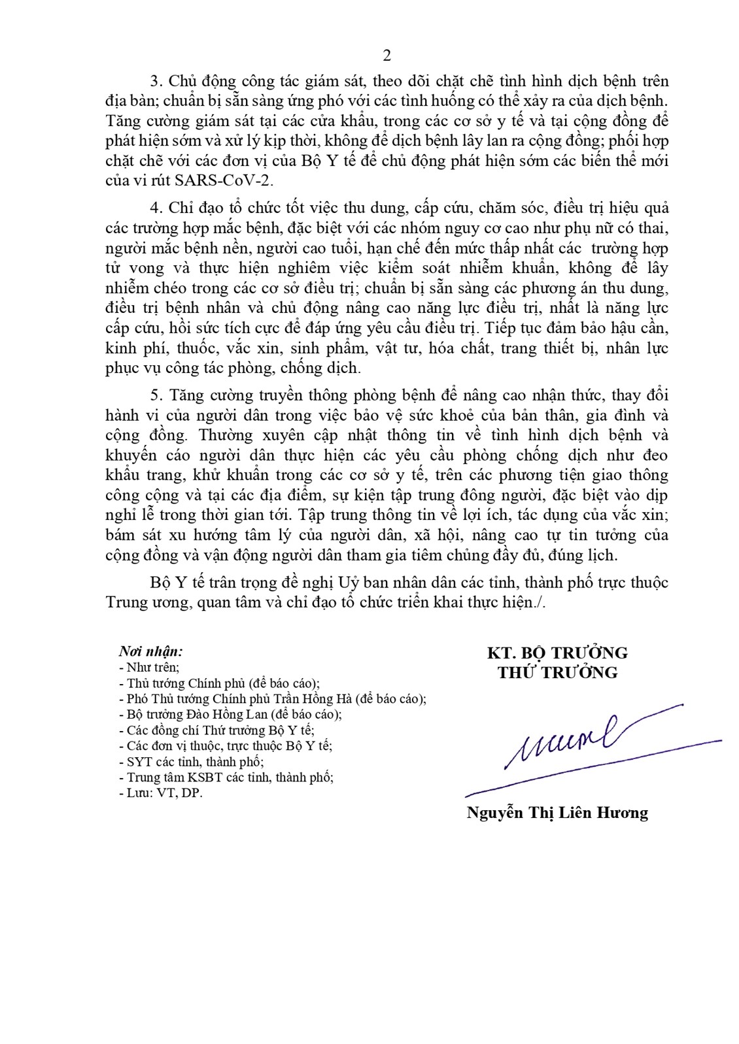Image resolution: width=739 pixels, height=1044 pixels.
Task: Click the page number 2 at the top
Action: [387, 56]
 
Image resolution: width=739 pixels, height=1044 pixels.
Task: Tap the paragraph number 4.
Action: [155, 208]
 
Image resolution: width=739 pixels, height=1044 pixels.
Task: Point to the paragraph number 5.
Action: [155, 395]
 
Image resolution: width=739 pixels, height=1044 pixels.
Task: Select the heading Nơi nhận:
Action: [150, 651]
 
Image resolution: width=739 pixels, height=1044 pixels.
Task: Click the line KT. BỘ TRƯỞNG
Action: [557, 653]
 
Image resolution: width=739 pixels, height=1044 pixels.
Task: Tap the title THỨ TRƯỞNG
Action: [557, 672]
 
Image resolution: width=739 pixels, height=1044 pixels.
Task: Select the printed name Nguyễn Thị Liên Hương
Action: [557, 813]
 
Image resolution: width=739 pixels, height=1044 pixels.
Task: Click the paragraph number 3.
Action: [155, 81]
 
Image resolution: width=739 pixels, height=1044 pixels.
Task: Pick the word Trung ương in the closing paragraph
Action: [148, 602]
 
